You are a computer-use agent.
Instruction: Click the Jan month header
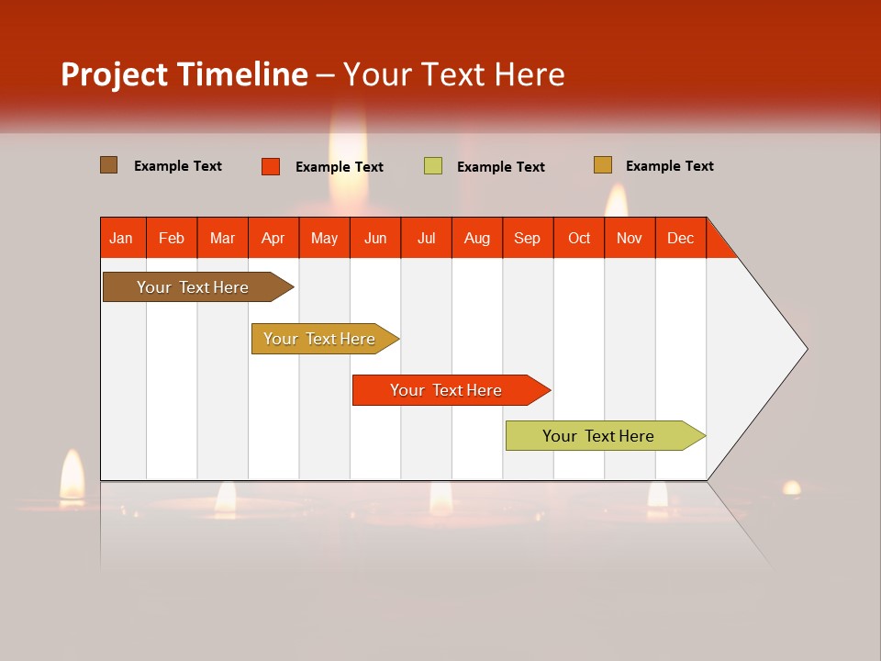tap(121, 238)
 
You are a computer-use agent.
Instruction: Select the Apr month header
tap(273, 238)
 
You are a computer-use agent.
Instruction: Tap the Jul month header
tap(426, 238)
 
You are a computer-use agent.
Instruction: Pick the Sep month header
tap(527, 238)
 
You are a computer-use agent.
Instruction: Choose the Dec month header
tap(680, 238)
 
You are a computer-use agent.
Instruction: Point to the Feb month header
tap(172, 238)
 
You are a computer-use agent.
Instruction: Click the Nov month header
tap(629, 238)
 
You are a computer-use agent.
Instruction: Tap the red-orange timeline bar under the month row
tap(447, 390)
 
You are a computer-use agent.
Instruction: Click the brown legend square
tap(109, 165)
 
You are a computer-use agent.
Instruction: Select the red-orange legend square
tap(271, 166)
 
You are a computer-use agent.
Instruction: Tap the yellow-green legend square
tap(433, 166)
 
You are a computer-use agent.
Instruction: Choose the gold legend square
tap(603, 165)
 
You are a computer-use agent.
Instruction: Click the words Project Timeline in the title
tap(184, 74)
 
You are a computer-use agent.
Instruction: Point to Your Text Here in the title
tap(454, 74)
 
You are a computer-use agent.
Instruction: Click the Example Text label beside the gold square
tap(669, 166)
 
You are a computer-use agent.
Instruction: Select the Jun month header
tap(375, 238)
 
